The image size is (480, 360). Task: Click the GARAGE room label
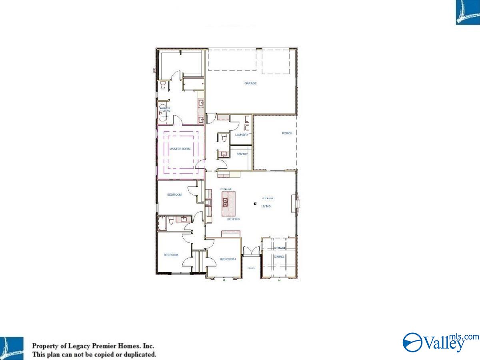coord(250,84)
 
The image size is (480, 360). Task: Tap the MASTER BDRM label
coord(180,149)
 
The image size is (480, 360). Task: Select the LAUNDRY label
coord(242,135)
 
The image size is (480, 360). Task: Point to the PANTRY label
coord(242,154)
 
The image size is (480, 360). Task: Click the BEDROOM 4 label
coord(228,259)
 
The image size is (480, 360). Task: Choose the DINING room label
coord(279,256)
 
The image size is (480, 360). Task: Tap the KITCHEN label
coord(233,219)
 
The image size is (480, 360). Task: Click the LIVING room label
coord(266,206)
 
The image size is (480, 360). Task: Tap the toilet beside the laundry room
coord(224,138)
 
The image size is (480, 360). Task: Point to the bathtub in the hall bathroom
coord(162,223)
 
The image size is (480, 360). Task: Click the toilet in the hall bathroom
coord(171,220)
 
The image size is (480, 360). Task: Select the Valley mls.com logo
coord(440,342)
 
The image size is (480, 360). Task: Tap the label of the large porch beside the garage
coord(287,133)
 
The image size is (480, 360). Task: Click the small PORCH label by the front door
coord(251,268)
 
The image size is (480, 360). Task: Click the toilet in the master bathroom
coord(163,86)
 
